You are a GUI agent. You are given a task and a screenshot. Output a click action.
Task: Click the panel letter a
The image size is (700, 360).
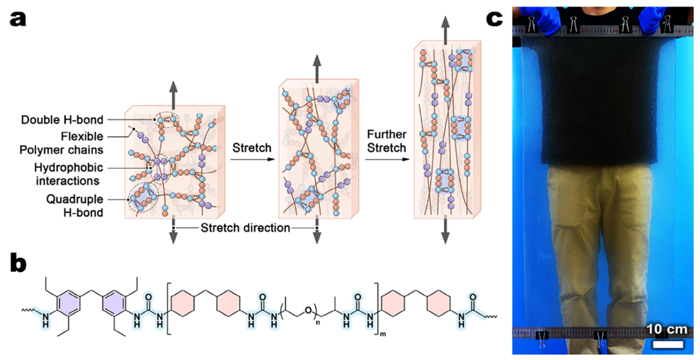tap(18, 19)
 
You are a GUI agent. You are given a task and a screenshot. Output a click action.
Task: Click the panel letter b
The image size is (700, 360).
tap(18, 263)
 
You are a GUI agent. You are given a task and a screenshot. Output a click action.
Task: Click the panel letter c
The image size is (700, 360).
tap(495, 19)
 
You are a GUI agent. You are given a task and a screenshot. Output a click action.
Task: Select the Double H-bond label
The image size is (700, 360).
tap(62, 120)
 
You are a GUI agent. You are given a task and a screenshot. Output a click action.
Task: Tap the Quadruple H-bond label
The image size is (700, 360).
tap(75, 206)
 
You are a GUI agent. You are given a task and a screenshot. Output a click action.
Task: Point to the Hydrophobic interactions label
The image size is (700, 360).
tap(68, 174)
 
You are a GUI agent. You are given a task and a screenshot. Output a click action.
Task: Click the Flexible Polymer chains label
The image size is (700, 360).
tap(61, 143)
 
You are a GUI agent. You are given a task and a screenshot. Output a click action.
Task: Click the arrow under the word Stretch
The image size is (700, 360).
tap(253, 159)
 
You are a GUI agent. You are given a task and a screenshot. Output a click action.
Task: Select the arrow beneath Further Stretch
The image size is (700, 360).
tap(387, 159)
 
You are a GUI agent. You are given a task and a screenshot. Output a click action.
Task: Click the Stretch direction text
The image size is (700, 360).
tap(245, 228)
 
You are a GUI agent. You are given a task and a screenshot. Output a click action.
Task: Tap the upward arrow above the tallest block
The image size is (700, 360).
tap(445, 30)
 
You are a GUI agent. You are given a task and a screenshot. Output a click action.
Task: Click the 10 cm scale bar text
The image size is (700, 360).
tap(667, 329)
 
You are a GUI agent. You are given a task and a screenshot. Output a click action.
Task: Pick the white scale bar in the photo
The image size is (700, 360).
tap(668, 344)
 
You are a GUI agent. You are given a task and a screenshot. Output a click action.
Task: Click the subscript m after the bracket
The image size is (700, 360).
tap(383, 334)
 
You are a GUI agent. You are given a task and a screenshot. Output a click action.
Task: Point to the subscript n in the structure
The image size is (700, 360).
tap(318, 322)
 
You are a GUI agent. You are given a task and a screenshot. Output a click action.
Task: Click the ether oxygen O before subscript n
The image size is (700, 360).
tap(308, 310)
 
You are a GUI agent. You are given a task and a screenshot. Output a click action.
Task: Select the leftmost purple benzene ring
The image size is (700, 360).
tap(68, 302)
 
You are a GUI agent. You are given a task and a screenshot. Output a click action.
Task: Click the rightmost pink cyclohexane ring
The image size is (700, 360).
tap(439, 303)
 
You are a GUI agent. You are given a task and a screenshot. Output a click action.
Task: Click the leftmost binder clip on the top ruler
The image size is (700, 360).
tap(531, 24)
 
